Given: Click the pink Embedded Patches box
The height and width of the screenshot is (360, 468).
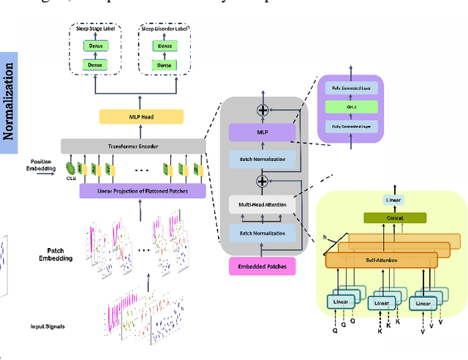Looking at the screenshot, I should pyautogui.click(x=263, y=266).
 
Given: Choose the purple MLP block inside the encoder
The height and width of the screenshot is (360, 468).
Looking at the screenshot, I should pyautogui.click(x=263, y=132).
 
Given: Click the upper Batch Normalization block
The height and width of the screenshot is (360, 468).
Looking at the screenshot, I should pyautogui.click(x=263, y=158).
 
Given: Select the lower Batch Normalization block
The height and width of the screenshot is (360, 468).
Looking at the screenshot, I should pyautogui.click(x=263, y=233).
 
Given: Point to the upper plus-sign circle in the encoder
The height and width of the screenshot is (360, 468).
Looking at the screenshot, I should pyautogui.click(x=263, y=109).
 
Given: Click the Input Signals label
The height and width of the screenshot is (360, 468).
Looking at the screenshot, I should pyautogui.click(x=49, y=326).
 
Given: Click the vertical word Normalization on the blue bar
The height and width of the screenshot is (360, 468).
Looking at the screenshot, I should pyautogui.click(x=9, y=102).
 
